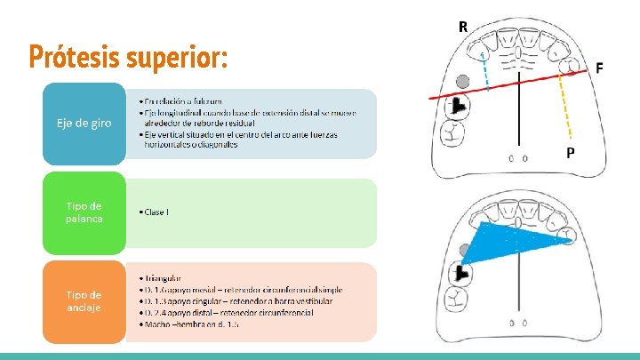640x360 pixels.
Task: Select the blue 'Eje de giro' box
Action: pyautogui.click(x=84, y=124)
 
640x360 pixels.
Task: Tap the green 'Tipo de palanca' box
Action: pyautogui.click(x=84, y=212)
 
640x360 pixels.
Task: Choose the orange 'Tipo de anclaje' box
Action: pyautogui.click(x=84, y=301)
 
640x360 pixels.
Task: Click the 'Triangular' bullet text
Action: pyautogui.click(x=165, y=278)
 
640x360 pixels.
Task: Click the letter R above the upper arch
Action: pyautogui.click(x=463, y=27)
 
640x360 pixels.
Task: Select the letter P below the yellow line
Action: pyautogui.click(x=570, y=152)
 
